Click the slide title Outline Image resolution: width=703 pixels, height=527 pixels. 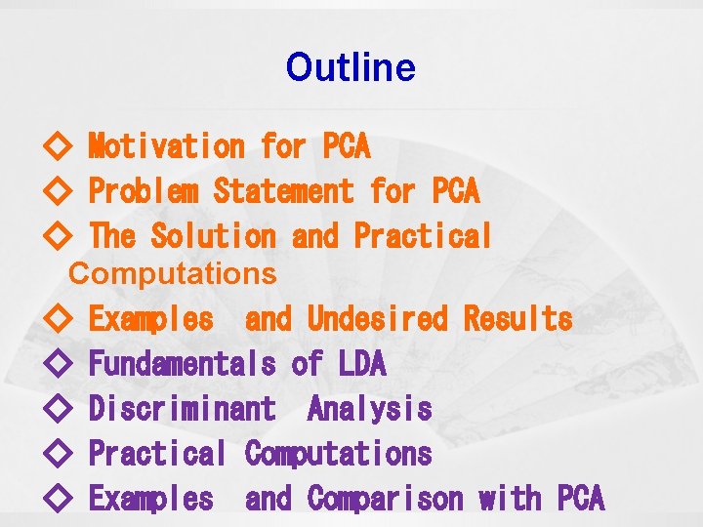click(x=351, y=67)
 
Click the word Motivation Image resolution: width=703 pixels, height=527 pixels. click(x=166, y=146)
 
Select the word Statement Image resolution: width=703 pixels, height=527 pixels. click(x=283, y=191)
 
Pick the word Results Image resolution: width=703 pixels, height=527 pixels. click(x=517, y=319)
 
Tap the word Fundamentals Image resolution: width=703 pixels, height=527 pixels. click(x=182, y=364)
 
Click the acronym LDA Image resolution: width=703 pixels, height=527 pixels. click(x=362, y=364)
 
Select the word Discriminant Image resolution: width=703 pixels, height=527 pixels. click(x=182, y=409)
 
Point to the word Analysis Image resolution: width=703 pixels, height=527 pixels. click(x=369, y=409)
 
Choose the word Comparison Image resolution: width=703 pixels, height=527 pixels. click(x=385, y=499)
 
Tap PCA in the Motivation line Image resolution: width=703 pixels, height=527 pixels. click(x=346, y=146)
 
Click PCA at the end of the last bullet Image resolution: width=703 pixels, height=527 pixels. click(x=581, y=499)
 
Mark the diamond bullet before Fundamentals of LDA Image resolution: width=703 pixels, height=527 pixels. click(x=58, y=365)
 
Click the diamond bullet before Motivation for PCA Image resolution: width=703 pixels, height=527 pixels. click(x=58, y=147)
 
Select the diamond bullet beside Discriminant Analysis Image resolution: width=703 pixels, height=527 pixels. click(x=58, y=410)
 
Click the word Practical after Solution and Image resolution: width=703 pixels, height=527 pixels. click(x=424, y=236)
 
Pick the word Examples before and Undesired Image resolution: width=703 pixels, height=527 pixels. click(x=150, y=319)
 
